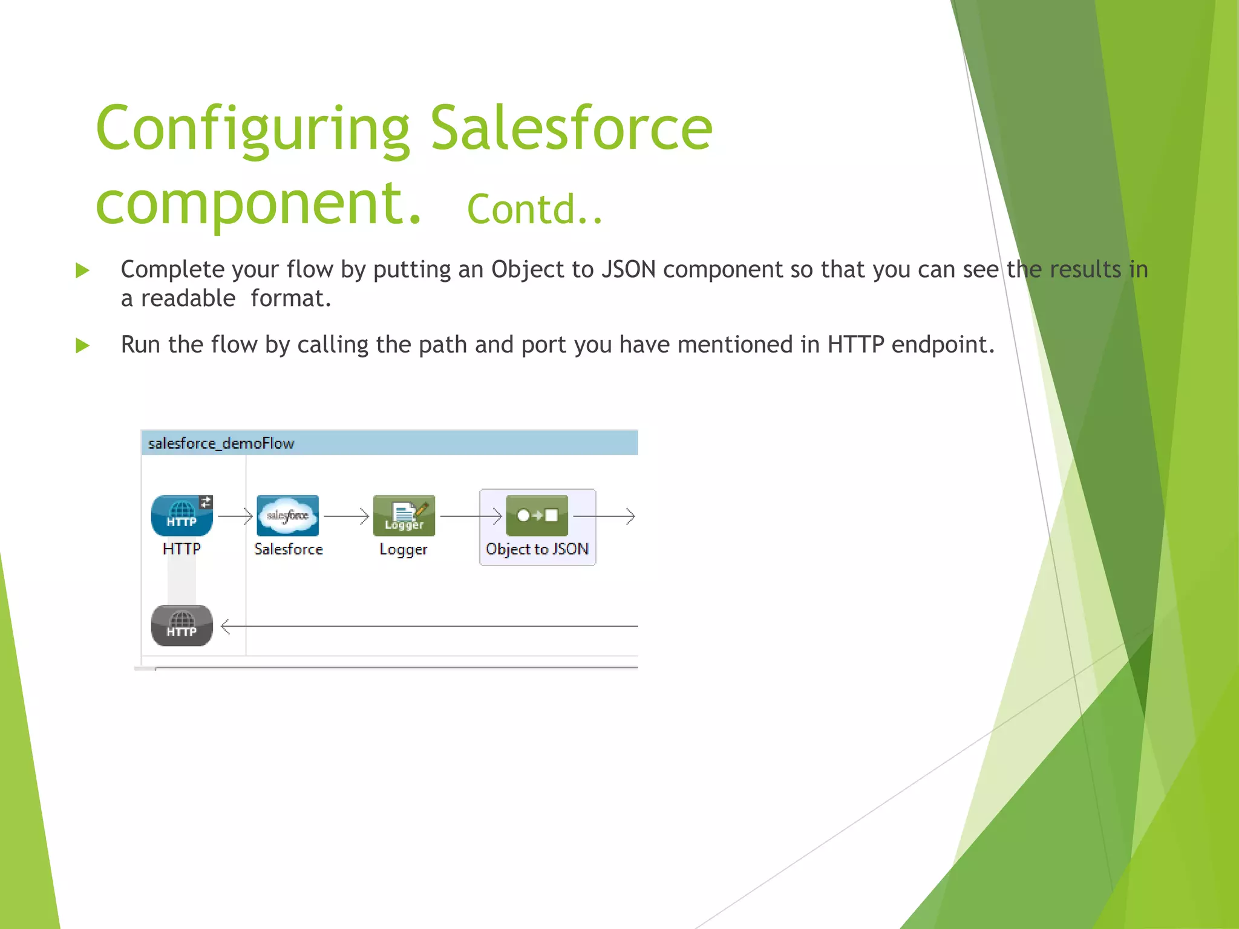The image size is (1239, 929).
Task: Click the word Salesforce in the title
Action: point(571,128)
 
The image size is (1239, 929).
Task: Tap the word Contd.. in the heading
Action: point(535,209)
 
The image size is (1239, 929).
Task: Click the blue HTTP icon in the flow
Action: point(181,515)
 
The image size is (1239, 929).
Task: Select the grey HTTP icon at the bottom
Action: point(181,625)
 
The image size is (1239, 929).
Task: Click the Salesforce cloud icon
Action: point(287,515)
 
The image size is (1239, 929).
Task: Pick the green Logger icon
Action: point(404,515)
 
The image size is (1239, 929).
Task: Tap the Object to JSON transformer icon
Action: point(537,515)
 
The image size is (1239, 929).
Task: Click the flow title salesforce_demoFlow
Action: point(221,443)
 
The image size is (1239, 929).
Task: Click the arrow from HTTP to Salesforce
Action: point(235,516)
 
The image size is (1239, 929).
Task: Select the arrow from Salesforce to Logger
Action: point(347,516)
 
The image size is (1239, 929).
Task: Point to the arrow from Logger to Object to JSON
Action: point(471,516)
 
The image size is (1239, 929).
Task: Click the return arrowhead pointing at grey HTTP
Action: point(226,627)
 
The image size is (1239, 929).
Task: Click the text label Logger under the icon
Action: point(403,550)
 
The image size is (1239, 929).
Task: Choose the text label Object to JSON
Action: point(537,549)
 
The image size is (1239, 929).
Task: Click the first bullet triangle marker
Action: point(82,270)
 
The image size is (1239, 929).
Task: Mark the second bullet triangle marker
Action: point(82,346)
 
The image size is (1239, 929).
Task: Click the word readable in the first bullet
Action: point(188,299)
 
